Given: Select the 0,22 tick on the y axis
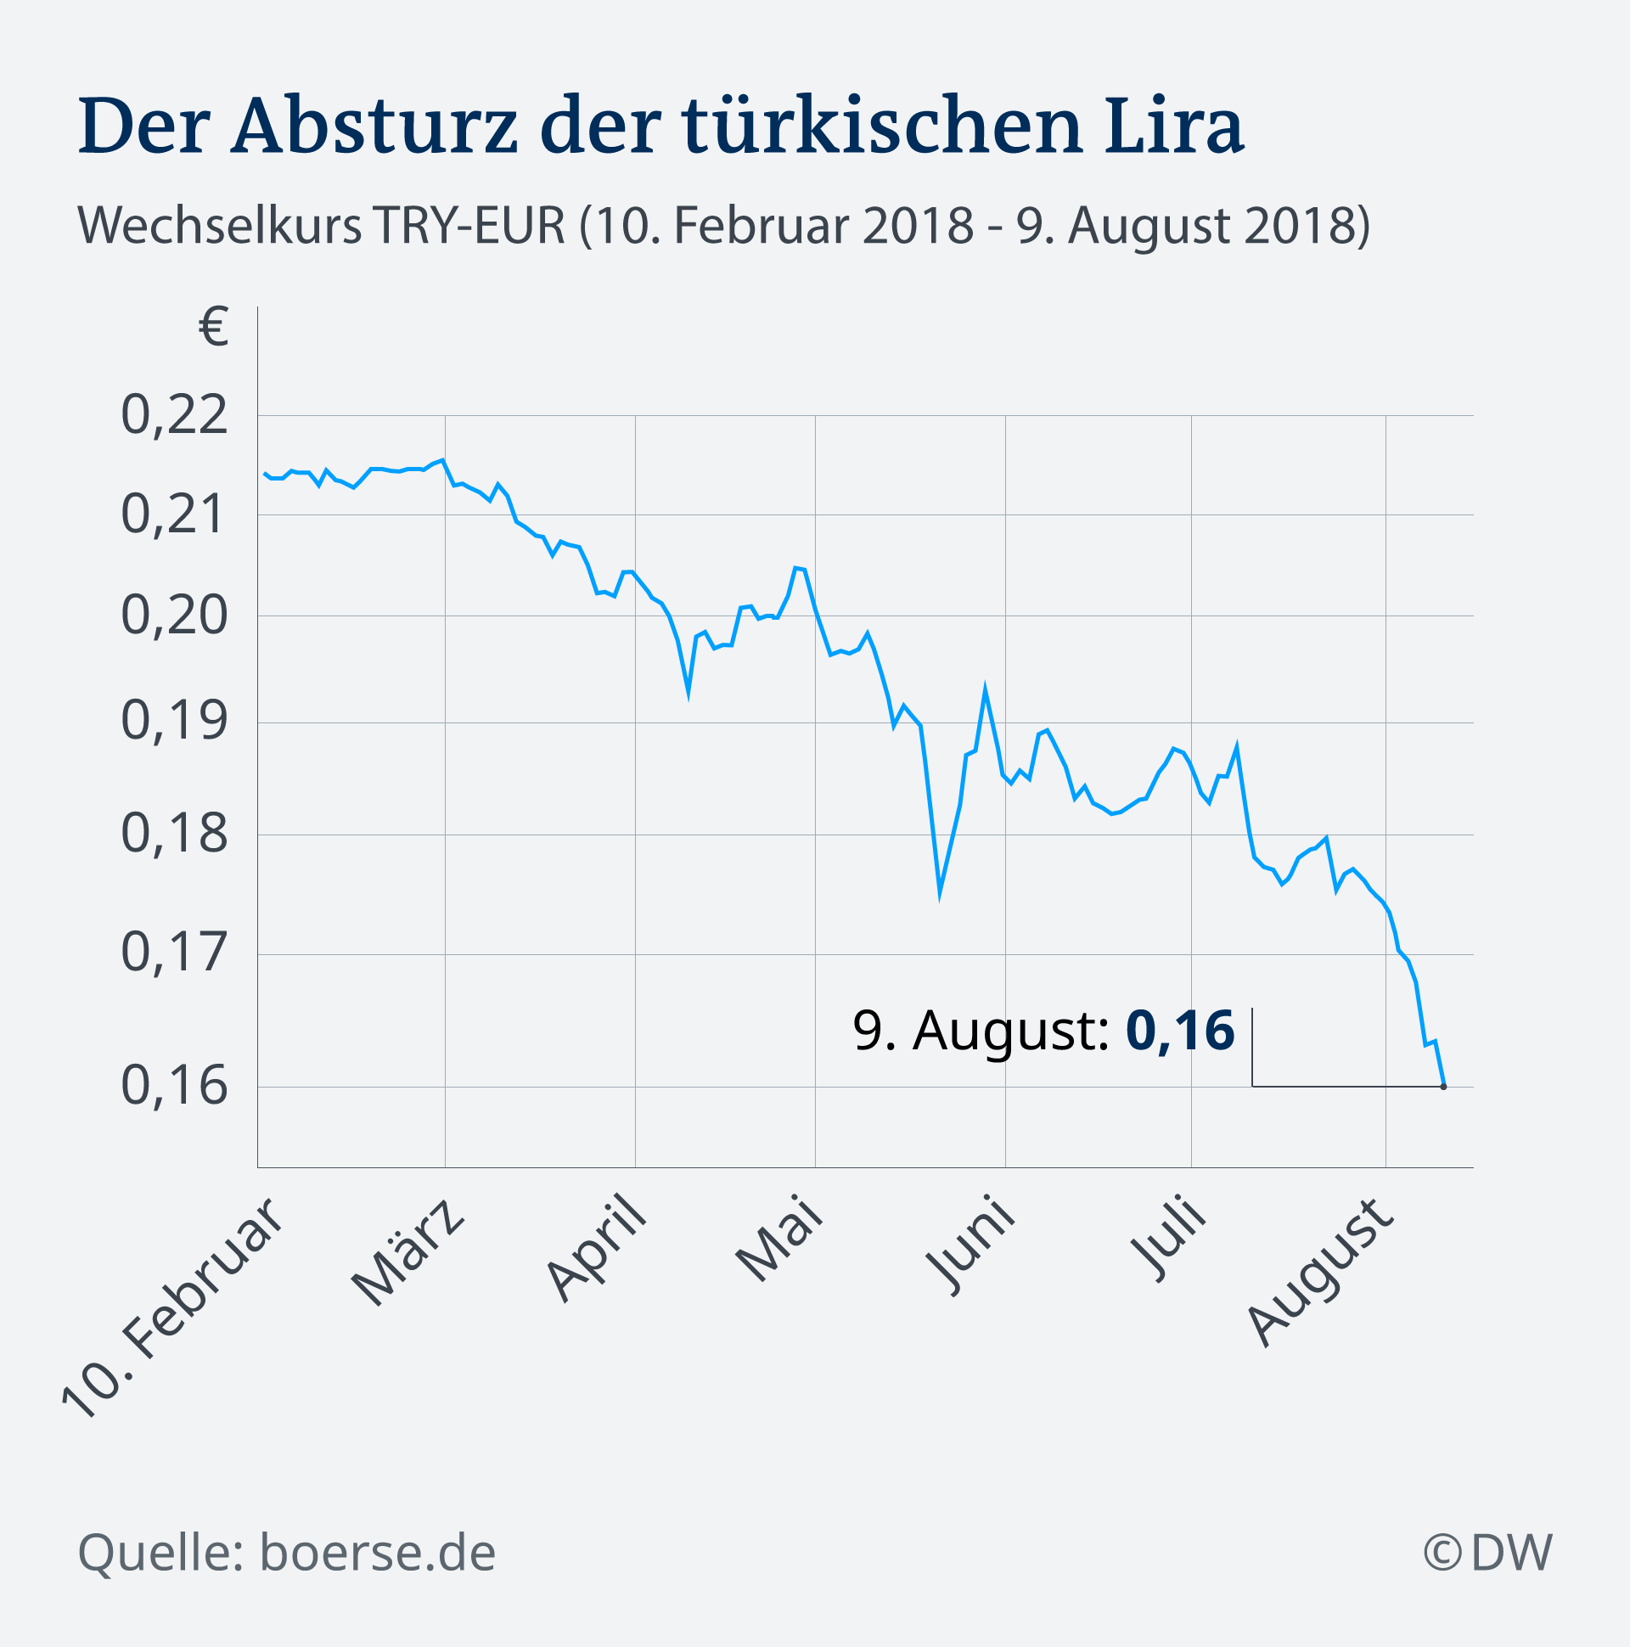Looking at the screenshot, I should (175, 415).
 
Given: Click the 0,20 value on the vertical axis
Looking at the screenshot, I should (175, 615).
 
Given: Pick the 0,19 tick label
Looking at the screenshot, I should (175, 722).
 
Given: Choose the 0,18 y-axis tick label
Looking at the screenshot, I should (175, 834).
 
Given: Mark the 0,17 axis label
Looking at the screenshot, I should (175, 953).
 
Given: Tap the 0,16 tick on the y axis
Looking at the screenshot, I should (175, 1085).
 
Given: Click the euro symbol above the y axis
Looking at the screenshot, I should (214, 328).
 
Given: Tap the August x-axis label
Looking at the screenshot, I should (1319, 1273).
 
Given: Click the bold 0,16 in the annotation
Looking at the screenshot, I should (1180, 1030).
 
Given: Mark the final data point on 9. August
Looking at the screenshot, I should (1443, 1086).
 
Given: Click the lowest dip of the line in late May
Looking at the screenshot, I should (940, 893).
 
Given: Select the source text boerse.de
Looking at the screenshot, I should (378, 1553).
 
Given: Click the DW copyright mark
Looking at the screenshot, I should (1488, 1553).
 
